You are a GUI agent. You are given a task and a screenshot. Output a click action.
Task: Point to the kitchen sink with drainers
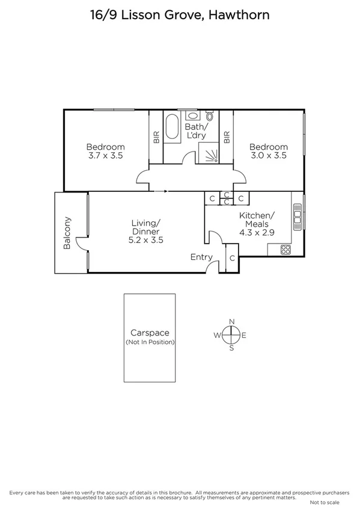pyautogui.click(x=296, y=218)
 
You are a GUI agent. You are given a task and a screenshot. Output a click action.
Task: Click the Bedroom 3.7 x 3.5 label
pyautogui.click(x=105, y=151)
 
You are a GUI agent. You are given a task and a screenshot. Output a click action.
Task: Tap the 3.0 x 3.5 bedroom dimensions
pyautogui.click(x=268, y=155)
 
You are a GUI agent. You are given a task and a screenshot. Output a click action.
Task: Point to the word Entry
pyautogui.click(x=201, y=257)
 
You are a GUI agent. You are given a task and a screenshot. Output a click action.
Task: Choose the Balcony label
pyautogui.click(x=67, y=233)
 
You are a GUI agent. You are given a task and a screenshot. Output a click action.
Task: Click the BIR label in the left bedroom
pyautogui.click(x=156, y=137)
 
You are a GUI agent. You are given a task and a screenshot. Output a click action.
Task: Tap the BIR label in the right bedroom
pyautogui.click(x=227, y=137)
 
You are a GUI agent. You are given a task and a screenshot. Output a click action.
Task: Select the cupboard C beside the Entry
pyautogui.click(x=232, y=258)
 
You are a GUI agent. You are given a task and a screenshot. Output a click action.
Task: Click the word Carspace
pyautogui.click(x=150, y=333)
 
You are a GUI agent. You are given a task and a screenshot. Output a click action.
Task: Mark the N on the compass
pyautogui.click(x=231, y=322)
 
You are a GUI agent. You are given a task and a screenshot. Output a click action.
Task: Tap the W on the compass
pyautogui.click(x=218, y=335)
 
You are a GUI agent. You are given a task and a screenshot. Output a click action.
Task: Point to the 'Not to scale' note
pyautogui.click(x=325, y=502)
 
